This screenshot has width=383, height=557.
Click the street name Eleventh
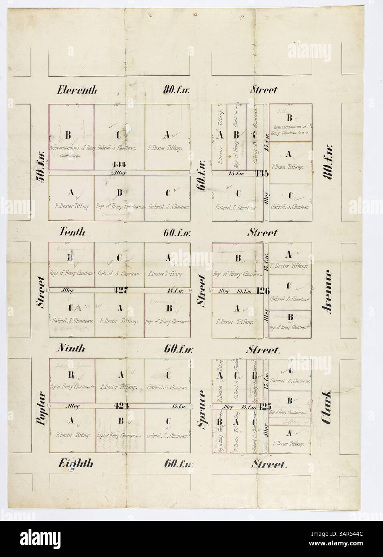pyautogui.click(x=77, y=90)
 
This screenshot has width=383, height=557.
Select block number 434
pyautogui.click(x=119, y=164)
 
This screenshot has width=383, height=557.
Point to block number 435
pyautogui.click(x=262, y=173)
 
